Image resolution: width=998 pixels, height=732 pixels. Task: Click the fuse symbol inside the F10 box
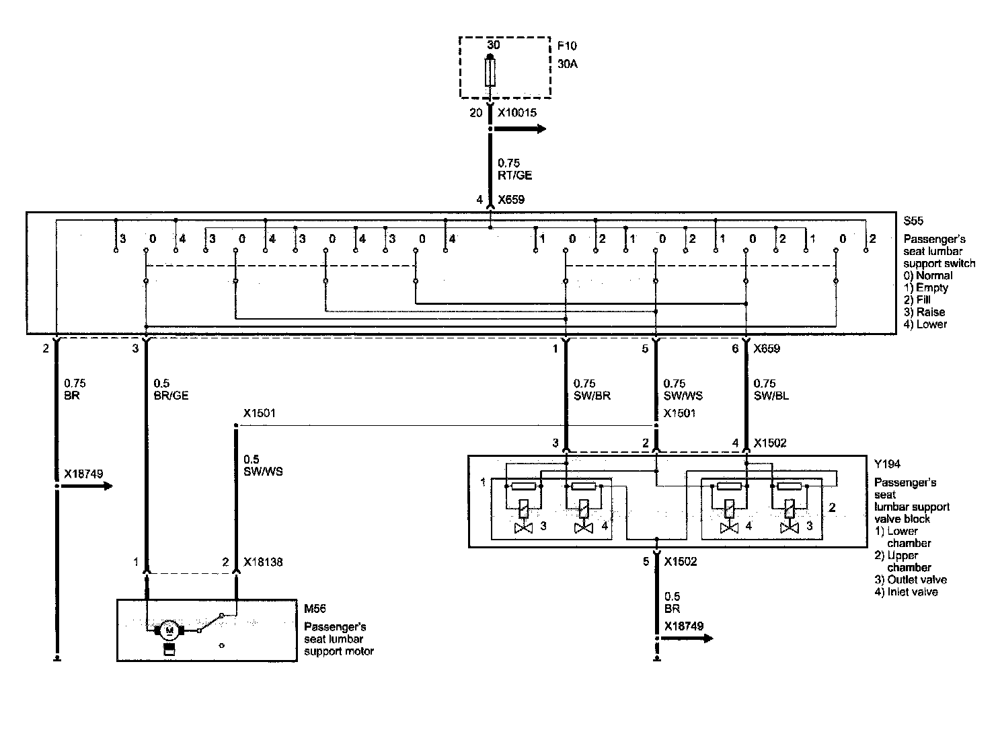[x=490, y=72]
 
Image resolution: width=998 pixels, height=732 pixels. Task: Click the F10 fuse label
[x=567, y=46]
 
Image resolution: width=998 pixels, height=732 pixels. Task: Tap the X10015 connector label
[x=517, y=113]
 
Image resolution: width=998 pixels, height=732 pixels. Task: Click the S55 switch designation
[x=913, y=221]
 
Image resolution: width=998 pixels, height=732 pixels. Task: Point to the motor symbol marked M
[x=169, y=630]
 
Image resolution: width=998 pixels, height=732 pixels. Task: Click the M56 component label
[x=315, y=609]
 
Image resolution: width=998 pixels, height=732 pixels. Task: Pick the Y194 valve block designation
[x=887, y=464]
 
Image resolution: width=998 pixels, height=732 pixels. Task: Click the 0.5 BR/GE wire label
[x=171, y=390]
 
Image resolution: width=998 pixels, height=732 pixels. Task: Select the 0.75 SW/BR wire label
[x=592, y=390]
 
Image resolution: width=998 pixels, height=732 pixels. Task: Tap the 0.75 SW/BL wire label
[x=771, y=390]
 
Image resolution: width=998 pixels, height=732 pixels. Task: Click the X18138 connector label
[x=263, y=562]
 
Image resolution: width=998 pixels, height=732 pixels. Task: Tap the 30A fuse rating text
[x=568, y=65]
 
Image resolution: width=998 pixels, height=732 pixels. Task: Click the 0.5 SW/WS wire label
[x=263, y=466]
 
